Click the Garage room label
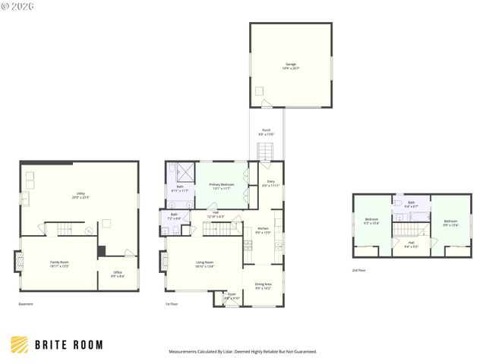pyautogui.click(x=291, y=66)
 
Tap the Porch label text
pyautogui.click(x=267, y=132)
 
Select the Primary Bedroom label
pyautogui.click(x=222, y=187)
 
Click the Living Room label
pyautogui.click(x=204, y=264)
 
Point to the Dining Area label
pyautogui.click(x=264, y=286)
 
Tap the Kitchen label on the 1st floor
pyautogui.click(x=263, y=231)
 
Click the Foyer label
pyautogui.click(x=232, y=296)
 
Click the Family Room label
pyautogui.click(x=60, y=264)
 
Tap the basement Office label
pyautogui.click(x=118, y=274)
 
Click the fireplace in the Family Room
pyautogui.click(x=19, y=262)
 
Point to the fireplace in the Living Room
pyautogui.click(x=163, y=262)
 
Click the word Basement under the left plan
pyautogui.click(x=26, y=304)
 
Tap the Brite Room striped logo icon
pyautogui.click(x=19, y=344)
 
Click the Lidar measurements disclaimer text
pyautogui.click(x=242, y=352)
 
